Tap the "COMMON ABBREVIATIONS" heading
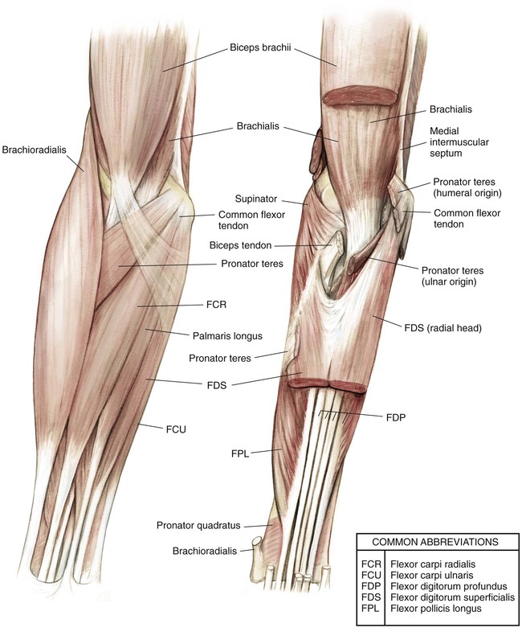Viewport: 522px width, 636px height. tap(437, 541)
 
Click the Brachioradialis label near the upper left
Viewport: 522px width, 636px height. tap(32, 149)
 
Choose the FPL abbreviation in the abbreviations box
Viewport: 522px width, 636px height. tap(373, 609)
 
